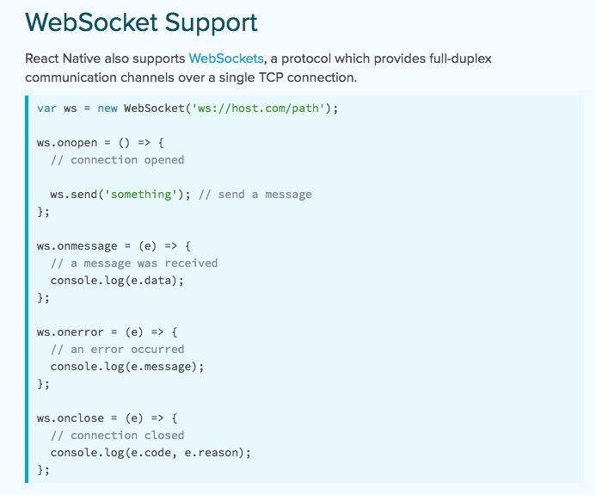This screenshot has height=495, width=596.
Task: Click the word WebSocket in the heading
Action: [x=91, y=22]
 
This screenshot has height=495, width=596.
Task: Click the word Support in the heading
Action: [x=209, y=22]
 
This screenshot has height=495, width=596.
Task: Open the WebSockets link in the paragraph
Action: [x=226, y=59]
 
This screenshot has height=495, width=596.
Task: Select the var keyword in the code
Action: [x=46, y=108]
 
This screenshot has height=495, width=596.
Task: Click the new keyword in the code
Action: [x=107, y=108]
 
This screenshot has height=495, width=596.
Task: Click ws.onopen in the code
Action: [x=67, y=143]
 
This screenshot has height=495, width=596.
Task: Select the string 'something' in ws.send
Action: [x=138, y=195]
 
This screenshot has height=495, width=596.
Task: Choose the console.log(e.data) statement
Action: [x=117, y=281]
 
